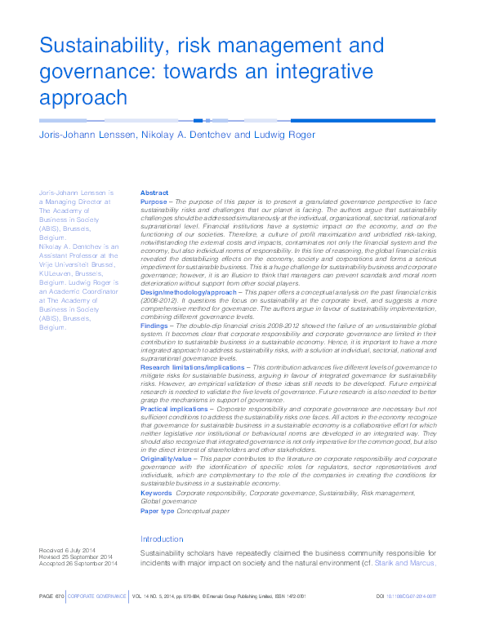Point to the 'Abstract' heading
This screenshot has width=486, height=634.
point(154,193)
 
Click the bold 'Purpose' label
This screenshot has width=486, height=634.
point(154,201)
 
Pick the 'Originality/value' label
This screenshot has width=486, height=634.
point(167,459)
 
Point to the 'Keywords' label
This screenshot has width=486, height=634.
point(156,493)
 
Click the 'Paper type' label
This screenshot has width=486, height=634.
point(158,510)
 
